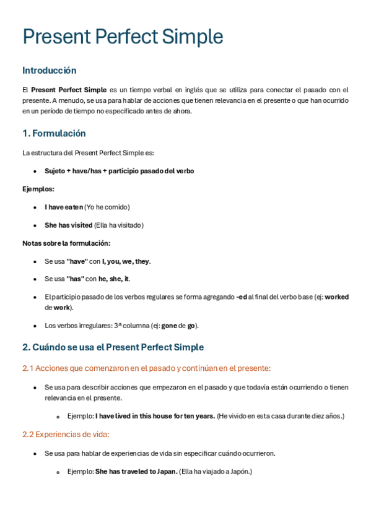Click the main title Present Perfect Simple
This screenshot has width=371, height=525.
point(123,37)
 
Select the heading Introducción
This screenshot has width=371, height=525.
point(50,71)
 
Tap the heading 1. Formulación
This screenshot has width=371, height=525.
point(54,134)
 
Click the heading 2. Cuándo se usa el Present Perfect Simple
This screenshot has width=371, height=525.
point(113,347)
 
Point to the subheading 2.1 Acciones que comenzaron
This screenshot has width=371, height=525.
point(146,368)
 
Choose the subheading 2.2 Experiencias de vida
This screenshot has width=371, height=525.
point(66,435)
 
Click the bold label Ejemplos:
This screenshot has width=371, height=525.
point(38,189)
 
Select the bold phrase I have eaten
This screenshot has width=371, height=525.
point(63,207)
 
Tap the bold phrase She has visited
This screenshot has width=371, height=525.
point(68,225)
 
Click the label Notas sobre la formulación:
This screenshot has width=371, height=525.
point(66,243)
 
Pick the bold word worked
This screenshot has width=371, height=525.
point(336,297)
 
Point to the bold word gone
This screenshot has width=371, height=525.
point(169,326)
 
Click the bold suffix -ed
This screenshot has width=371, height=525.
point(242,297)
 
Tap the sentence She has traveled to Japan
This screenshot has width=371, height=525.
point(136,472)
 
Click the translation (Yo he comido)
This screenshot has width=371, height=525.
point(107,207)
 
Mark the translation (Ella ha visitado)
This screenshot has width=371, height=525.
point(119,225)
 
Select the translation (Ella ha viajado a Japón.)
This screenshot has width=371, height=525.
point(216,472)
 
